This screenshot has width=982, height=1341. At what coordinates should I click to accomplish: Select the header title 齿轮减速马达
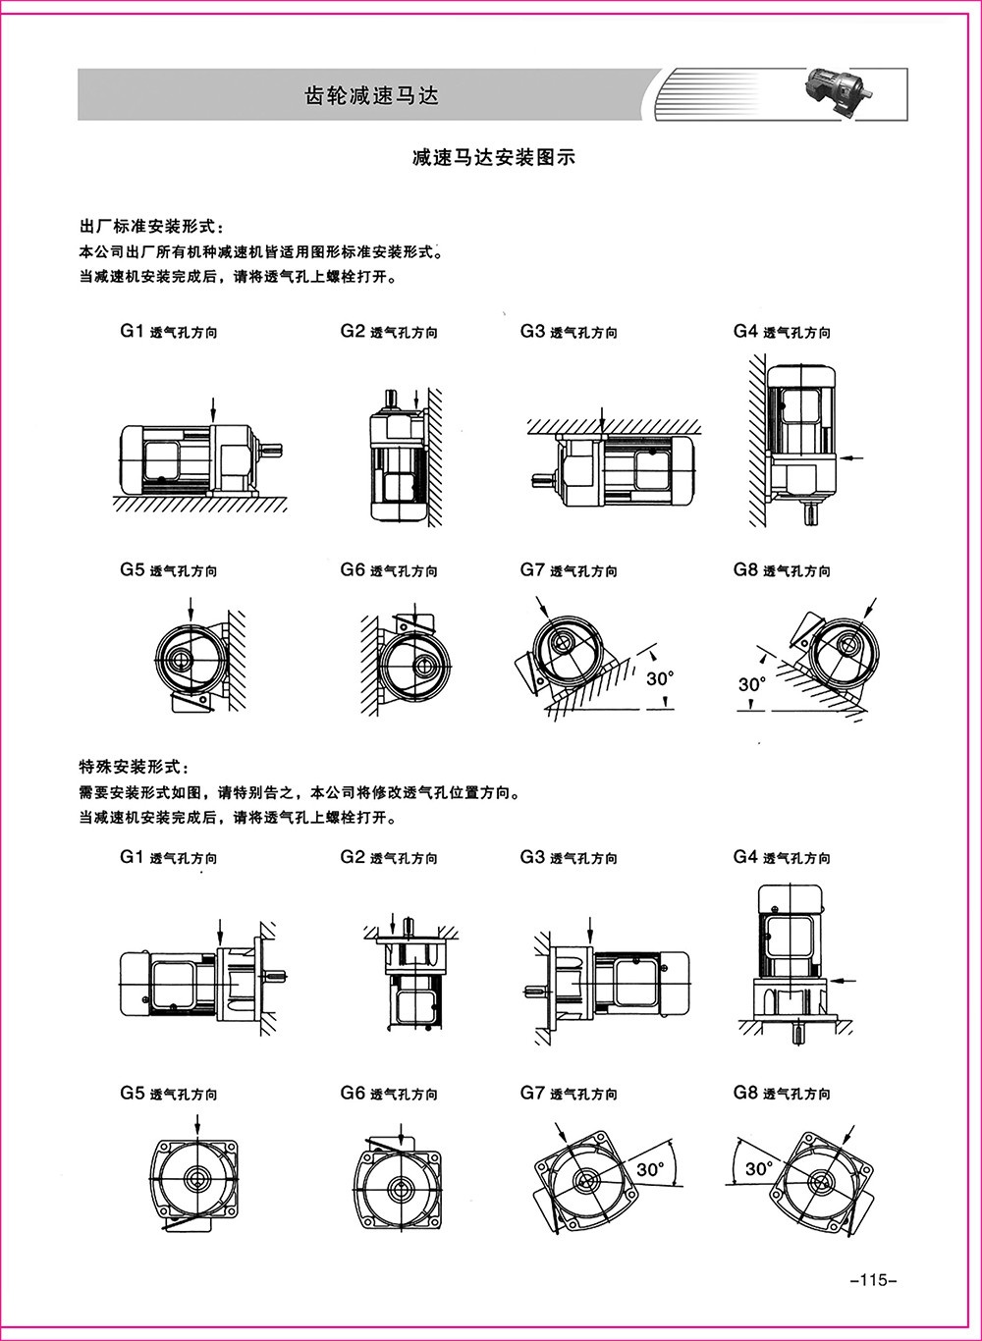pos(370,95)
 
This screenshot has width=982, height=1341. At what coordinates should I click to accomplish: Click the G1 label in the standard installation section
pos(133,332)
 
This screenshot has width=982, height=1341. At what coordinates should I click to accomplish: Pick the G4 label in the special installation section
pos(745,857)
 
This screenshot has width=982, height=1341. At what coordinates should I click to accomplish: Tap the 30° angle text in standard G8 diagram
pos(752,683)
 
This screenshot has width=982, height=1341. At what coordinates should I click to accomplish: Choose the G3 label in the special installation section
pos(532,857)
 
